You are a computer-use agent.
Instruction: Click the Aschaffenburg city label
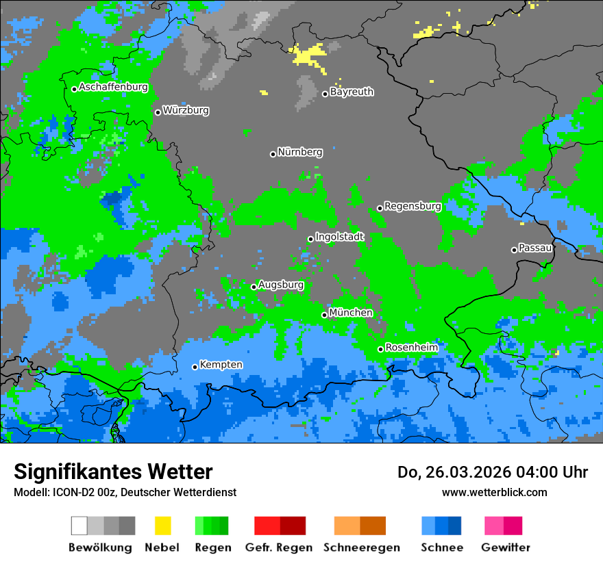coord(113,87)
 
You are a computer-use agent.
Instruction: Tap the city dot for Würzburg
coord(158,112)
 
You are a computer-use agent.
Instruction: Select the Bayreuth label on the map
coord(352,92)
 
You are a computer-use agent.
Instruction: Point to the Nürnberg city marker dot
coord(273,154)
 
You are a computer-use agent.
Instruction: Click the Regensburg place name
coord(413,206)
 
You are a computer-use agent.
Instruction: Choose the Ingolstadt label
coord(340,237)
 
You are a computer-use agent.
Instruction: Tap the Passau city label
coord(535,248)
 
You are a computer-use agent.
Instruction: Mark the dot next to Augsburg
coord(254,287)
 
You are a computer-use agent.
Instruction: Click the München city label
coord(351,313)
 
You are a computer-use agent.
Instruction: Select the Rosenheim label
coord(411,348)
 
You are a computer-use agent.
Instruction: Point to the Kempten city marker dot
coord(195,367)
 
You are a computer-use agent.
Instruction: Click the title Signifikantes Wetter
coord(113,472)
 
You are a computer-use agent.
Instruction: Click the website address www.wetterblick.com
coord(494,493)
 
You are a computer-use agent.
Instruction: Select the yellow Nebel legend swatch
coord(162,526)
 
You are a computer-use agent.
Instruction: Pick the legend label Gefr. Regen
coord(279,547)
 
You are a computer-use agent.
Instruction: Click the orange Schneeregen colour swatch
coord(360,526)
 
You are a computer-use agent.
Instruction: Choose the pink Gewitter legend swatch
coord(503,526)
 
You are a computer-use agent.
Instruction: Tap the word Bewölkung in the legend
coord(100,547)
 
